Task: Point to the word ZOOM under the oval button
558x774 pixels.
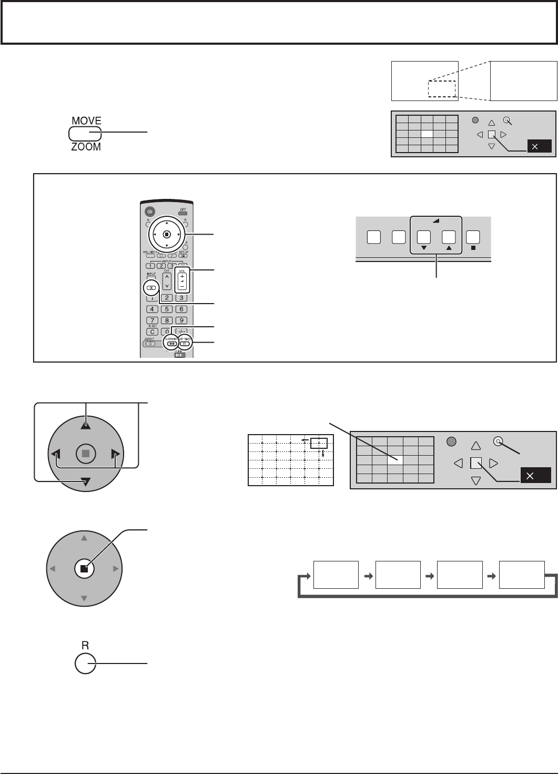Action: pyautogui.click(x=86, y=147)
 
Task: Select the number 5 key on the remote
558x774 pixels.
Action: pyautogui.click(x=167, y=309)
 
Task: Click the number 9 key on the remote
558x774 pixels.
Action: pyautogui.click(x=181, y=320)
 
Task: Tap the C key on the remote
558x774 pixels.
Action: pyautogui.click(x=153, y=331)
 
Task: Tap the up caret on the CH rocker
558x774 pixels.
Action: pyautogui.click(x=167, y=275)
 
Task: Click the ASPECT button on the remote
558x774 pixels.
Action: pyautogui.click(x=153, y=344)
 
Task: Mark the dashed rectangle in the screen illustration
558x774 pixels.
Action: pyautogui.click(x=441, y=88)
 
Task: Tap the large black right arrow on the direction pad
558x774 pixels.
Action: pyautogui.click(x=116, y=453)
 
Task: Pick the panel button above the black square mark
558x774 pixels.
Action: pyautogui.click(x=473, y=237)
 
